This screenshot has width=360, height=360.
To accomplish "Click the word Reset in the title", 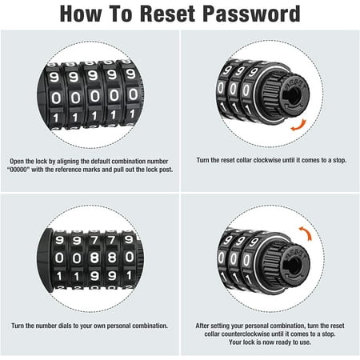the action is click(x=168, y=14).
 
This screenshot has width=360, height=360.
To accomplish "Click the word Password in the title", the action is click(x=251, y=14).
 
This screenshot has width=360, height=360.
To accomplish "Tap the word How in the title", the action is click(x=81, y=14).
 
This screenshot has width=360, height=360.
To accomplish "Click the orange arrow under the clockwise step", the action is click(x=299, y=126).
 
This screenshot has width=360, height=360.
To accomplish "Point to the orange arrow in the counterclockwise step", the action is click(x=306, y=233).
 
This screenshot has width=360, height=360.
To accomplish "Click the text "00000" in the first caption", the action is click(x=18, y=170).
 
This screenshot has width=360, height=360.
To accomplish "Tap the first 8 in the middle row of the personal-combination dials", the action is click(x=94, y=258).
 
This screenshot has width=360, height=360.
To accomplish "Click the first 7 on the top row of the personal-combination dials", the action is click(x=94, y=240).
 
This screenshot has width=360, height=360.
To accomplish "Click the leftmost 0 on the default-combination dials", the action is click(x=56, y=98).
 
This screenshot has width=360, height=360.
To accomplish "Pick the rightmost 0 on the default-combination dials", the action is click(x=133, y=94).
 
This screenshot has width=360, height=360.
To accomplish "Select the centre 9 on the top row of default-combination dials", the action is click(x=92, y=76).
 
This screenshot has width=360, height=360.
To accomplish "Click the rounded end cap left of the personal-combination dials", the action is click(x=45, y=260).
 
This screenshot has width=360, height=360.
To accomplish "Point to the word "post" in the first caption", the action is click(x=166, y=170).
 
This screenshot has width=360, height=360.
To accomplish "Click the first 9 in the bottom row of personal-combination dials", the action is click(x=94, y=276).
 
